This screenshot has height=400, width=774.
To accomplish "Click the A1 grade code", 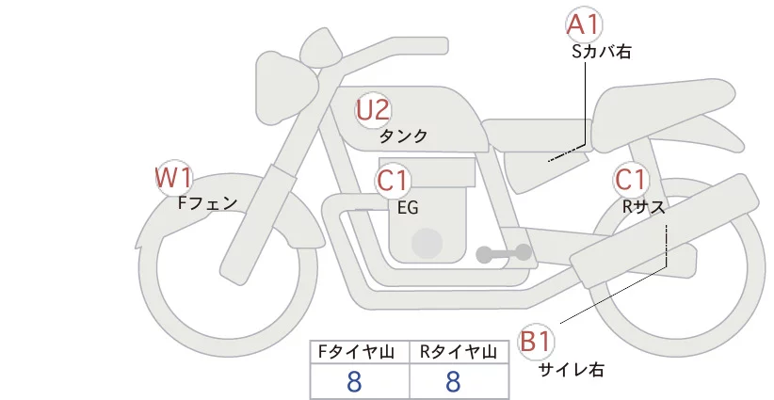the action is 584,24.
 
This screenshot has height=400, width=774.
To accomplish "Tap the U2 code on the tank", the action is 373,110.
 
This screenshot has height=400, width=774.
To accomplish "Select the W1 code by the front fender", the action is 173,178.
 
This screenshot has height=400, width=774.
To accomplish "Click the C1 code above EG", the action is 393,181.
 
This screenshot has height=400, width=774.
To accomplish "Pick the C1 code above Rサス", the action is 630,180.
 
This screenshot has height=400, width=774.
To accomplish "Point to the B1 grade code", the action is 535,342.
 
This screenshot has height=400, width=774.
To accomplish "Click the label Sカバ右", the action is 602,52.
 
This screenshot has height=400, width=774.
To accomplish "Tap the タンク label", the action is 403,136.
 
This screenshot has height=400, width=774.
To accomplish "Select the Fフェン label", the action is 207,203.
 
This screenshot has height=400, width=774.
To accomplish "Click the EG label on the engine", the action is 408,208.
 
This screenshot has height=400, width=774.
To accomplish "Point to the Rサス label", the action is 643,208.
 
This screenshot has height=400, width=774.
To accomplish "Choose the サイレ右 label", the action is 572,370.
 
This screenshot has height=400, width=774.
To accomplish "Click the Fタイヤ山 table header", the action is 356,352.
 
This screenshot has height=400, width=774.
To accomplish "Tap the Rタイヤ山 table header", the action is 459,352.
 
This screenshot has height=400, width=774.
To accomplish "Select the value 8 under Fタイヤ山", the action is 354,381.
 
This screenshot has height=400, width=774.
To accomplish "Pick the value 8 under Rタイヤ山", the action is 453,381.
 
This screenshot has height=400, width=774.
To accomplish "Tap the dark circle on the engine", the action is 427,244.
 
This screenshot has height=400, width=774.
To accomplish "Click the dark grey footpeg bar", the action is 504,253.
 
